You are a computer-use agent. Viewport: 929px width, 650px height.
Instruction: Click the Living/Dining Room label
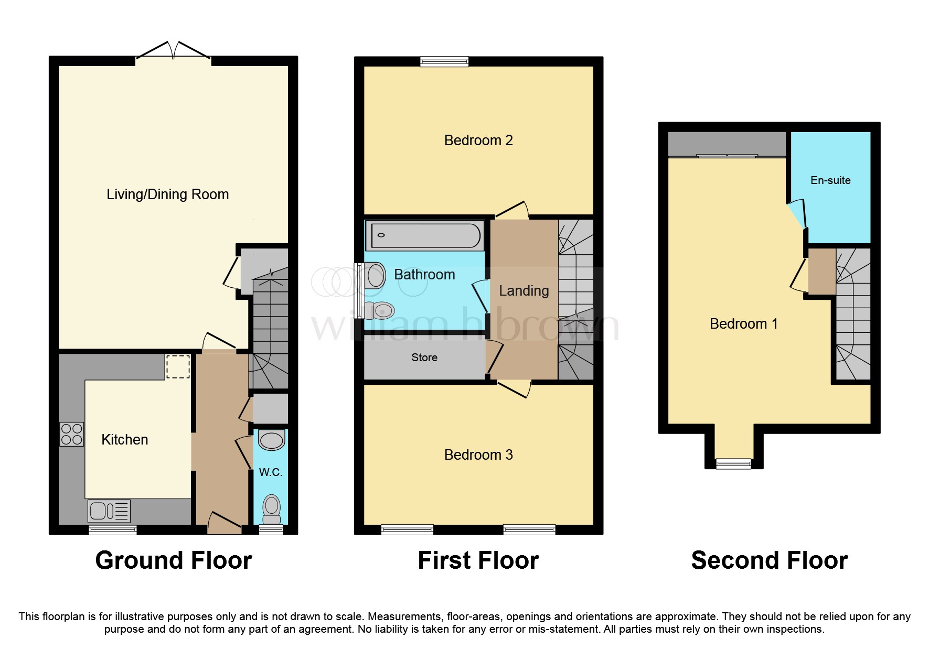[167, 194]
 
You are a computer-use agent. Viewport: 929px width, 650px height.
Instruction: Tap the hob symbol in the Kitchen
[72, 434]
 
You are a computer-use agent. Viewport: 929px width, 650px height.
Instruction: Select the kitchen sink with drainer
[109, 511]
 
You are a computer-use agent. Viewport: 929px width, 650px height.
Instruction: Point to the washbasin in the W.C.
[272, 440]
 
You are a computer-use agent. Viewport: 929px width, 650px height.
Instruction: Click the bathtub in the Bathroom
[425, 235]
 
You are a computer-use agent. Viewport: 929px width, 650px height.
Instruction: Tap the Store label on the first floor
[424, 357]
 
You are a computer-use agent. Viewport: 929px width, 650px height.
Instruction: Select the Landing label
[524, 291]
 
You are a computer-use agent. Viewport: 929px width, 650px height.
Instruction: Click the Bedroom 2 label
[478, 140]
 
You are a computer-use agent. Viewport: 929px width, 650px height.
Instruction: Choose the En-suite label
[830, 180]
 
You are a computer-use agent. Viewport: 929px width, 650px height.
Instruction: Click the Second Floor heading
[769, 560]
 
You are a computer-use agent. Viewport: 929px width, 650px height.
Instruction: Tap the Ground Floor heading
[174, 560]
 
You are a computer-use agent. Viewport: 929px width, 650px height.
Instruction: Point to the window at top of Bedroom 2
[444, 62]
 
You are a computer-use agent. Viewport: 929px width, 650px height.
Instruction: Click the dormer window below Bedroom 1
[733, 463]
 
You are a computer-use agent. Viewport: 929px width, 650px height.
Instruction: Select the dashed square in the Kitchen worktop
[178, 366]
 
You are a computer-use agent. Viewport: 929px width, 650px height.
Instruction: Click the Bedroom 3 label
[478, 455]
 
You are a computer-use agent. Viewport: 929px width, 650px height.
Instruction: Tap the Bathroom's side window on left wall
[359, 291]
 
